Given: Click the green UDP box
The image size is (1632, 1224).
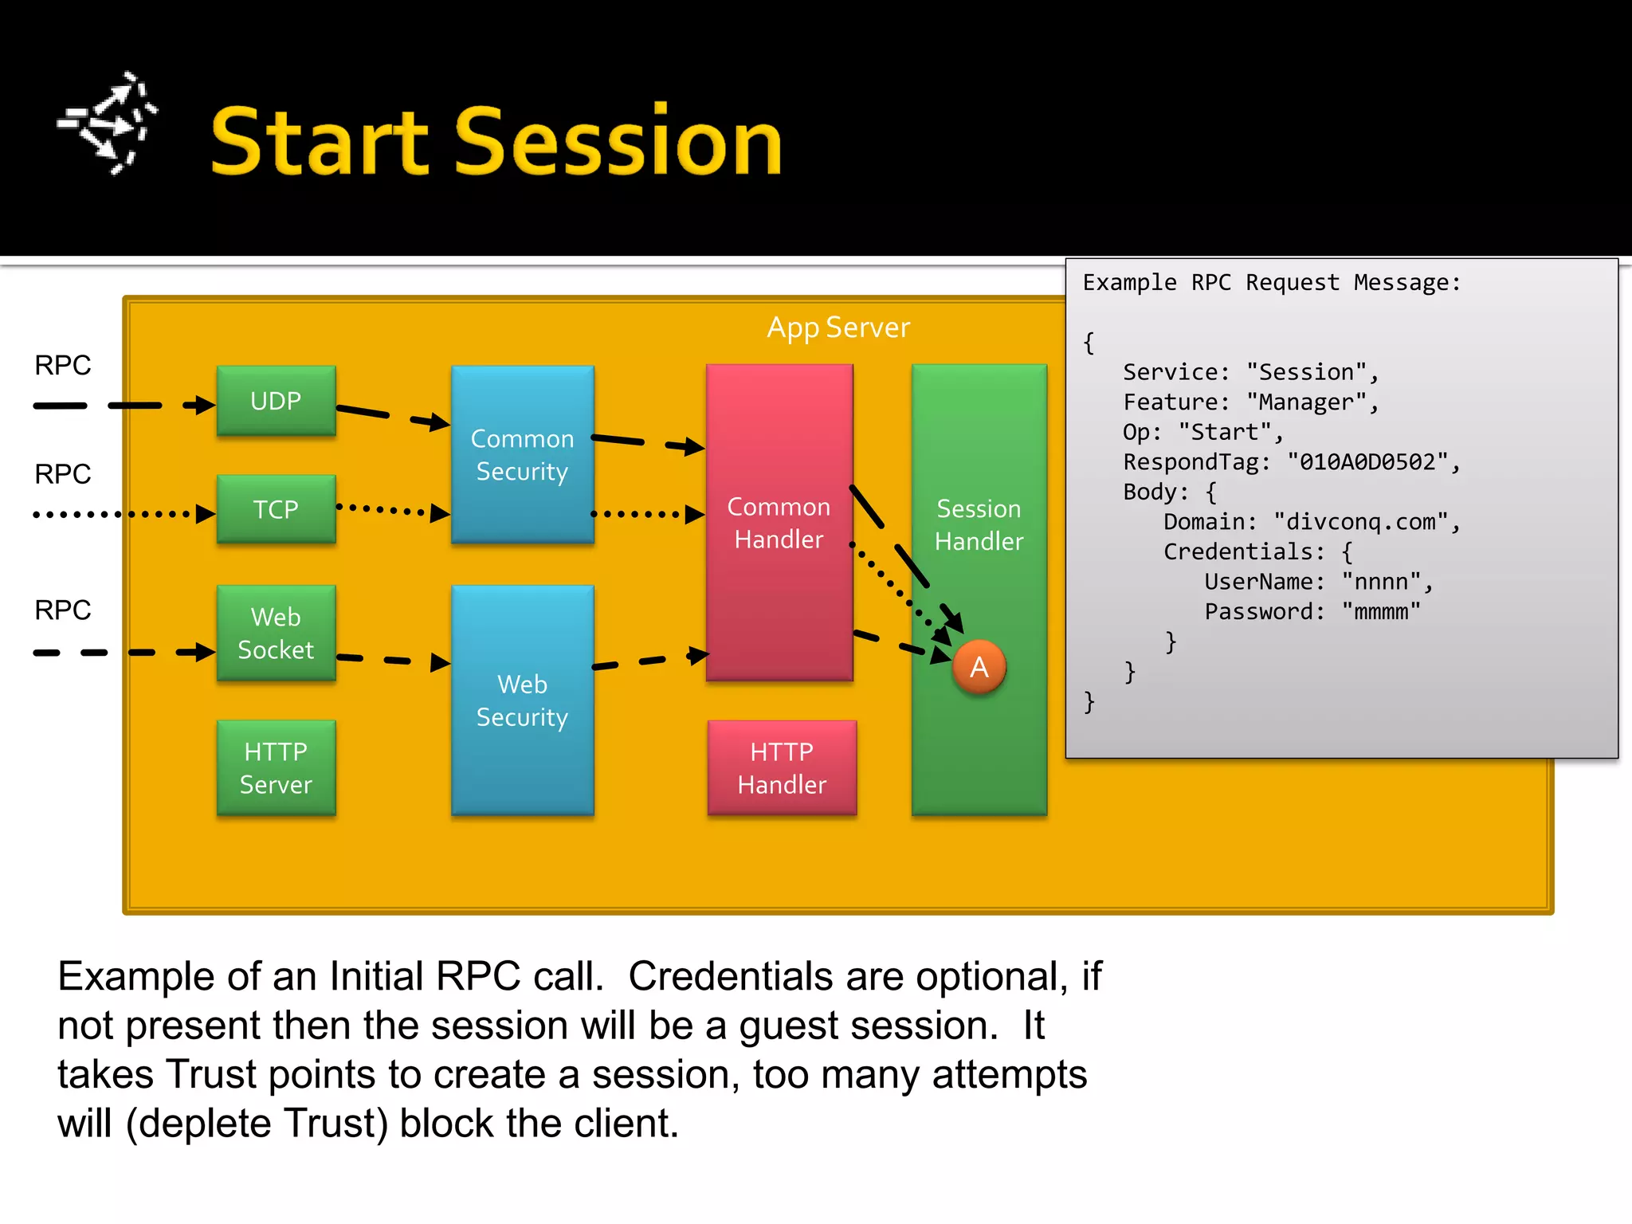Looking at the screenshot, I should tap(276, 401).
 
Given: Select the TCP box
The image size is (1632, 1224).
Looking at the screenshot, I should tap(276, 509).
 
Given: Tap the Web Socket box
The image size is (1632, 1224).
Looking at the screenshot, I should tap(276, 633).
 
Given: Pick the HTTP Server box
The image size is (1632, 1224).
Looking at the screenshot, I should tap(276, 767).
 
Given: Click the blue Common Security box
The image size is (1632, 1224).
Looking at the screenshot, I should tap(522, 454).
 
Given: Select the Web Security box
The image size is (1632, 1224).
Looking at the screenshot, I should tap(522, 700).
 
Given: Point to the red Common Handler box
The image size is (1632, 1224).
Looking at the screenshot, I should tap(779, 523).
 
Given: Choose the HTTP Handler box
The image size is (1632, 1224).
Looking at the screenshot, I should tap(782, 767).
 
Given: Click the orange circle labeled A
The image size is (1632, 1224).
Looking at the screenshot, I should tap(979, 667).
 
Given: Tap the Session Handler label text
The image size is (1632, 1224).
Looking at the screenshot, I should tap(979, 524).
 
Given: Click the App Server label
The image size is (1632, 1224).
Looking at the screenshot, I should tap(838, 328).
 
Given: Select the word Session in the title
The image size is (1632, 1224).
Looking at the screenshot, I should tap(618, 142).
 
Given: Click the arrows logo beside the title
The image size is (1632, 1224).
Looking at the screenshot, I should tap(108, 124).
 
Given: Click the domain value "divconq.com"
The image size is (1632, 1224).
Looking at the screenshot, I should tap(1360, 522).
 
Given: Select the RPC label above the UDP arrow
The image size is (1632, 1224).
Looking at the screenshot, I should tap(62, 365).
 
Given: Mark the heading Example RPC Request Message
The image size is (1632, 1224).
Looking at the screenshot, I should tap(1271, 283).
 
